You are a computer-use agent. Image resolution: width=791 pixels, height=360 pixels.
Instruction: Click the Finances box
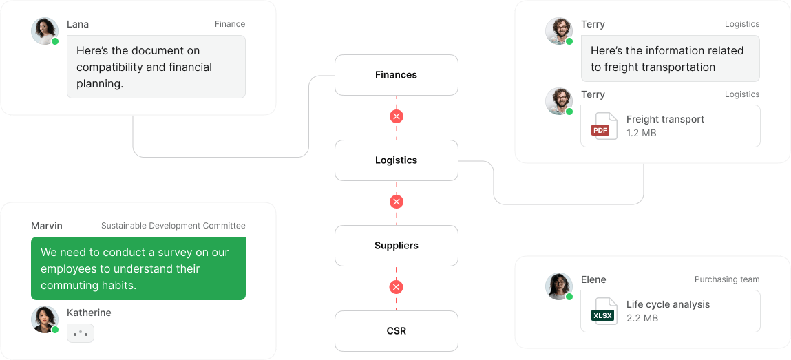396,75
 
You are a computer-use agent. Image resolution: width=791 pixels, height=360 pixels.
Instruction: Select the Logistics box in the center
396,160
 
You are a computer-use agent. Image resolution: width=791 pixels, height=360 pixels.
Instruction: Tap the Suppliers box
396,246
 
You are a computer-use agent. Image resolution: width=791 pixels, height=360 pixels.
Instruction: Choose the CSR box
396,331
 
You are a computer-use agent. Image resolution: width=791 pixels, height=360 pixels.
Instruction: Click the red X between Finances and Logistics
396,116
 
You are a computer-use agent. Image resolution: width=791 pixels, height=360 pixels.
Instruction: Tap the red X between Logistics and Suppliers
396,202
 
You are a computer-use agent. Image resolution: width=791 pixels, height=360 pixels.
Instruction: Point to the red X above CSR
396,287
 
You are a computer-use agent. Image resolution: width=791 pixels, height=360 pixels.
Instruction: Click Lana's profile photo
44,30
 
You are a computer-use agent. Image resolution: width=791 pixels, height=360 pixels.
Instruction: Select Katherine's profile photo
44,319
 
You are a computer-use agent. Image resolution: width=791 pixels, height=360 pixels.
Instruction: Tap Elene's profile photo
558,286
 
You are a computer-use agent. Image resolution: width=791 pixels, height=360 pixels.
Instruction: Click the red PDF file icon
600,126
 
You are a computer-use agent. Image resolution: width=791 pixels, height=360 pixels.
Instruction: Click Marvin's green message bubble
138,268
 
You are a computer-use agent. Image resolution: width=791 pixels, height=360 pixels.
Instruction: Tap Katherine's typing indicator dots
81,334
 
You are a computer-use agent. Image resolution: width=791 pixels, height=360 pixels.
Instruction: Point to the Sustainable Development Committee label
173,226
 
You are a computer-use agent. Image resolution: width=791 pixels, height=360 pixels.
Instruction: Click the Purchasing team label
726,279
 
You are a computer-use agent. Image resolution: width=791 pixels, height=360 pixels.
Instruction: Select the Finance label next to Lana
229,24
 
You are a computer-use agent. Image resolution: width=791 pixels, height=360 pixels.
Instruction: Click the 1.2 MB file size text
641,133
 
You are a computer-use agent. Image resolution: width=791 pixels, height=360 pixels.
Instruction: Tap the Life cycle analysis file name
668,304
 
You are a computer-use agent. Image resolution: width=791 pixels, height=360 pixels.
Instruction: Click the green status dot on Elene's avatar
569,297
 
